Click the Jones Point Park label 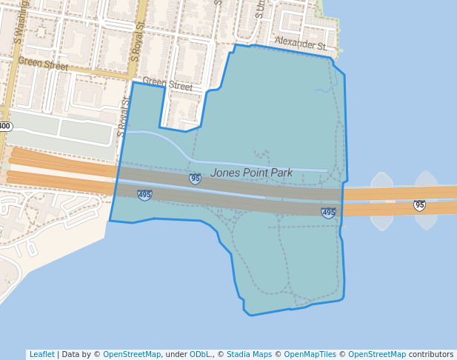coord(251,173)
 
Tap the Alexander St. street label coord(300,43)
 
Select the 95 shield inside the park coord(195,179)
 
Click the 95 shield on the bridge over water coord(419,205)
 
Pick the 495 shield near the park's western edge coord(144,195)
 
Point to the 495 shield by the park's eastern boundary coord(328,213)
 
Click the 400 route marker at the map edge coord(4,126)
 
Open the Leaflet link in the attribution coord(41,354)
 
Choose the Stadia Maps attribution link coord(250,354)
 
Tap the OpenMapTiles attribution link coord(308,354)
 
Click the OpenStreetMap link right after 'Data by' coord(132,354)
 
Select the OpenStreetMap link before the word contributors coord(377,354)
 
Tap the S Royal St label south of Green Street coord(122,118)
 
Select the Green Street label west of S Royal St coord(43,64)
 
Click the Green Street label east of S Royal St coord(167,84)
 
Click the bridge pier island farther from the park coord(427,200)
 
